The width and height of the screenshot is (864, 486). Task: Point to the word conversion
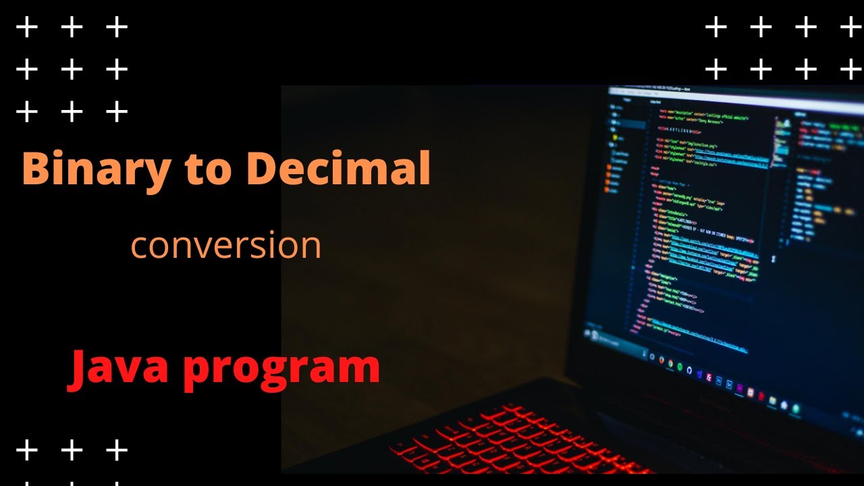coord(225,246)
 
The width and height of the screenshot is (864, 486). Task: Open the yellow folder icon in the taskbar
coord(772,401)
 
